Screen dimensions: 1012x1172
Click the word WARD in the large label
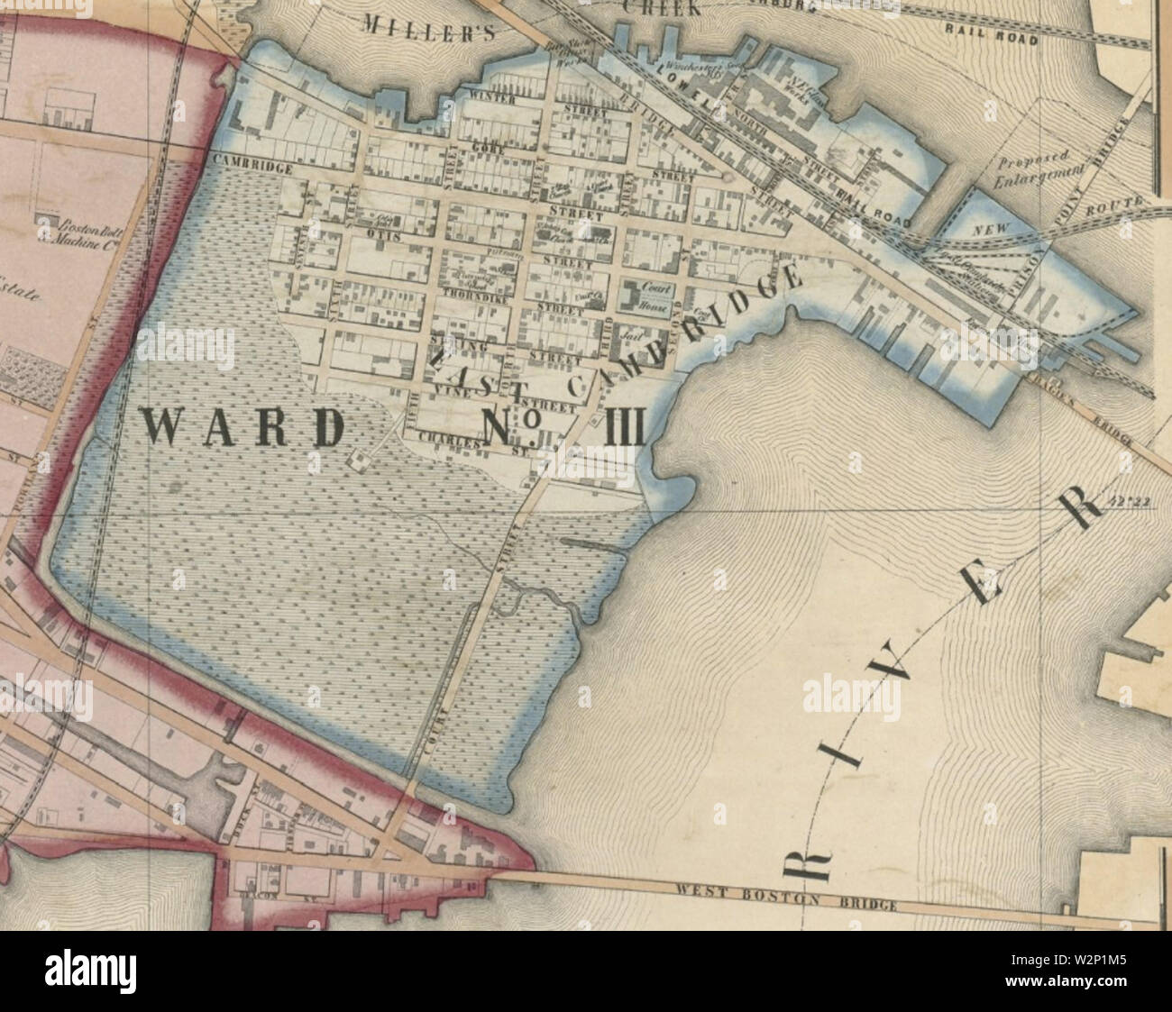244,427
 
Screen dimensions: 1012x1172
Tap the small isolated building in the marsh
359,460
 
